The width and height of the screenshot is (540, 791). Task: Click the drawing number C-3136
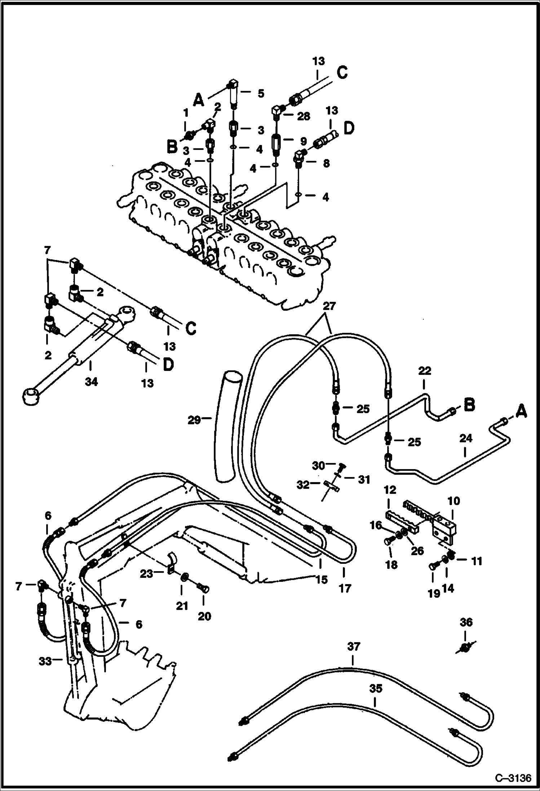coord(513,776)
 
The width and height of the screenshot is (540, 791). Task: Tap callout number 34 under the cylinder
coord(91,381)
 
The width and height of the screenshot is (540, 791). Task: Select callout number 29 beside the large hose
coord(194,420)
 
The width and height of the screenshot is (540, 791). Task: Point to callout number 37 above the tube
coord(354,646)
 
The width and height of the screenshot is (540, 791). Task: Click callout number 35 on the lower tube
coord(375,689)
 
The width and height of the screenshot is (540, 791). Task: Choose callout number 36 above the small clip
coord(466,622)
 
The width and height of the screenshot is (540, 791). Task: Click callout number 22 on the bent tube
coord(425,371)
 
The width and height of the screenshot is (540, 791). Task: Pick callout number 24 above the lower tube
coord(466,438)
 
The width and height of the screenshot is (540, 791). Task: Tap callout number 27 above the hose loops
coord(329,306)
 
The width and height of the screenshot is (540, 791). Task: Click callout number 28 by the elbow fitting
coord(304,116)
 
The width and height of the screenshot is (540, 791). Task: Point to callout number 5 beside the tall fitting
coord(261,93)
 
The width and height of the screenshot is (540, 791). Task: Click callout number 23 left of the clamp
coord(146,573)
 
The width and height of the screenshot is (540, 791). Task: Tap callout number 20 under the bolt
coord(204,616)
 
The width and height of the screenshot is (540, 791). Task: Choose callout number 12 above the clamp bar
coord(390,490)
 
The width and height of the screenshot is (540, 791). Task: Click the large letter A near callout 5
coord(198,100)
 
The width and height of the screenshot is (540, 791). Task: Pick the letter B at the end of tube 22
coord(469,405)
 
